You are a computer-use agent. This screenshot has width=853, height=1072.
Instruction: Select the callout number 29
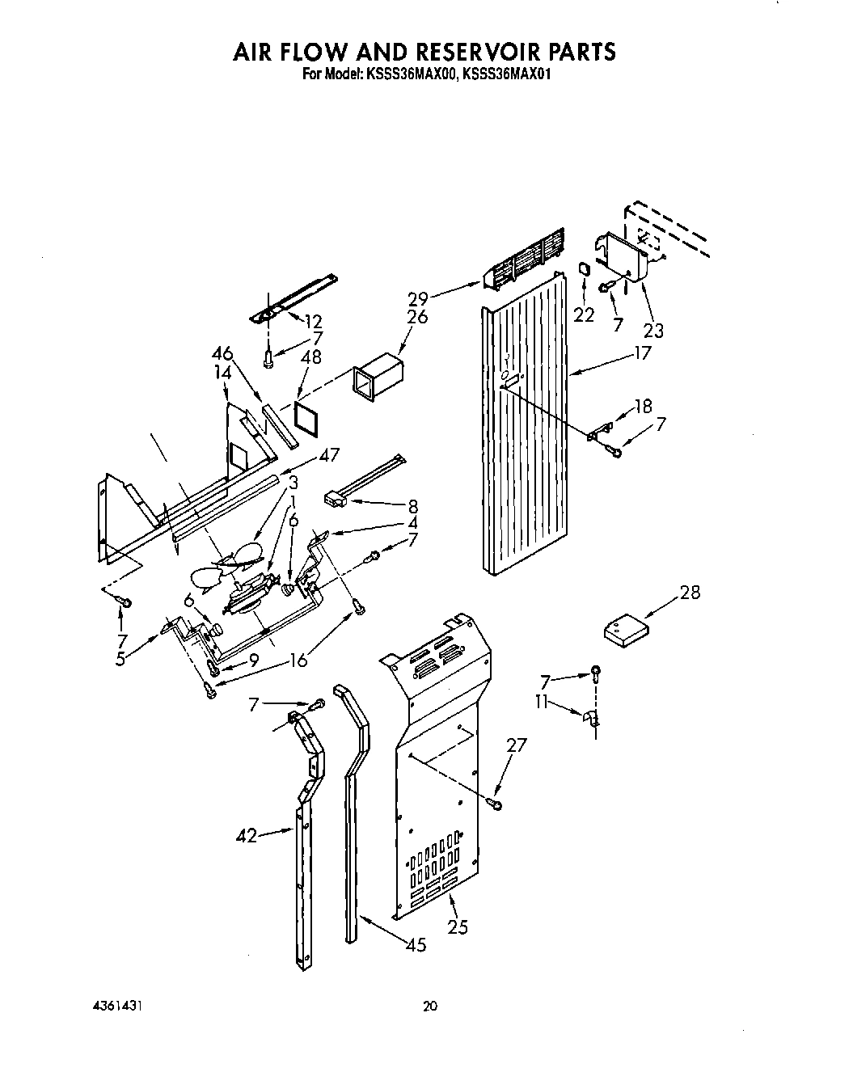tap(418, 298)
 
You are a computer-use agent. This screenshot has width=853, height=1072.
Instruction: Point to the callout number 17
tap(642, 353)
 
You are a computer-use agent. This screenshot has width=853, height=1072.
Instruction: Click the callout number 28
tap(690, 593)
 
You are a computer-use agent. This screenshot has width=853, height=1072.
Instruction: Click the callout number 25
tap(458, 927)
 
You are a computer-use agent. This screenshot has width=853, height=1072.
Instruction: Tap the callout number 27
tap(516, 745)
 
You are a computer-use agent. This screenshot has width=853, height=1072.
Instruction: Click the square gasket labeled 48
tap(307, 420)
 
